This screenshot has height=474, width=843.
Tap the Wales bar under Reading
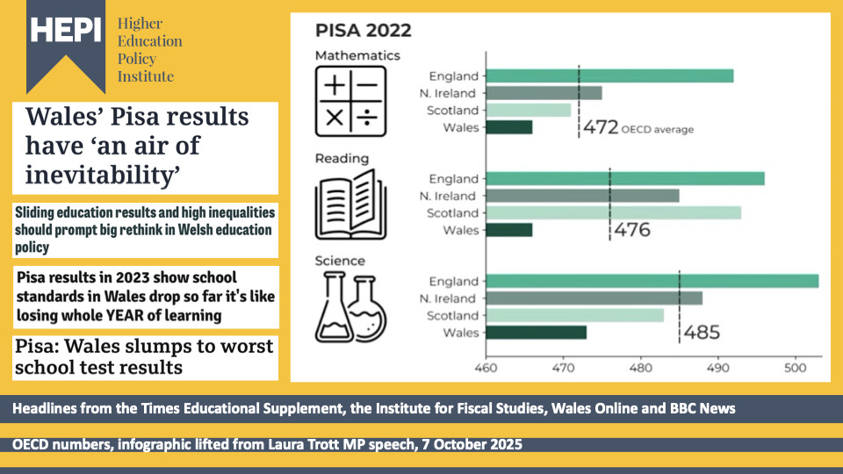pyautogui.click(x=508, y=230)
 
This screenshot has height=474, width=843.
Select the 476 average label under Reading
pyautogui.click(x=631, y=231)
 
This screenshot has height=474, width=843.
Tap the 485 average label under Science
pyautogui.click(x=702, y=334)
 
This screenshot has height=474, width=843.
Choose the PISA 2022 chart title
pyautogui.click(x=363, y=31)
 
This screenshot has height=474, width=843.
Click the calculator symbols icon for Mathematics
pyautogui.click(x=350, y=104)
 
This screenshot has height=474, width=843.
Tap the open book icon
pyautogui.click(x=350, y=206)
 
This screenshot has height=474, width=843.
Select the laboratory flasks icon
pyautogui.click(x=350, y=306)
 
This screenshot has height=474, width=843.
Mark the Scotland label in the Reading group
pyautogui.click(x=453, y=213)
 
